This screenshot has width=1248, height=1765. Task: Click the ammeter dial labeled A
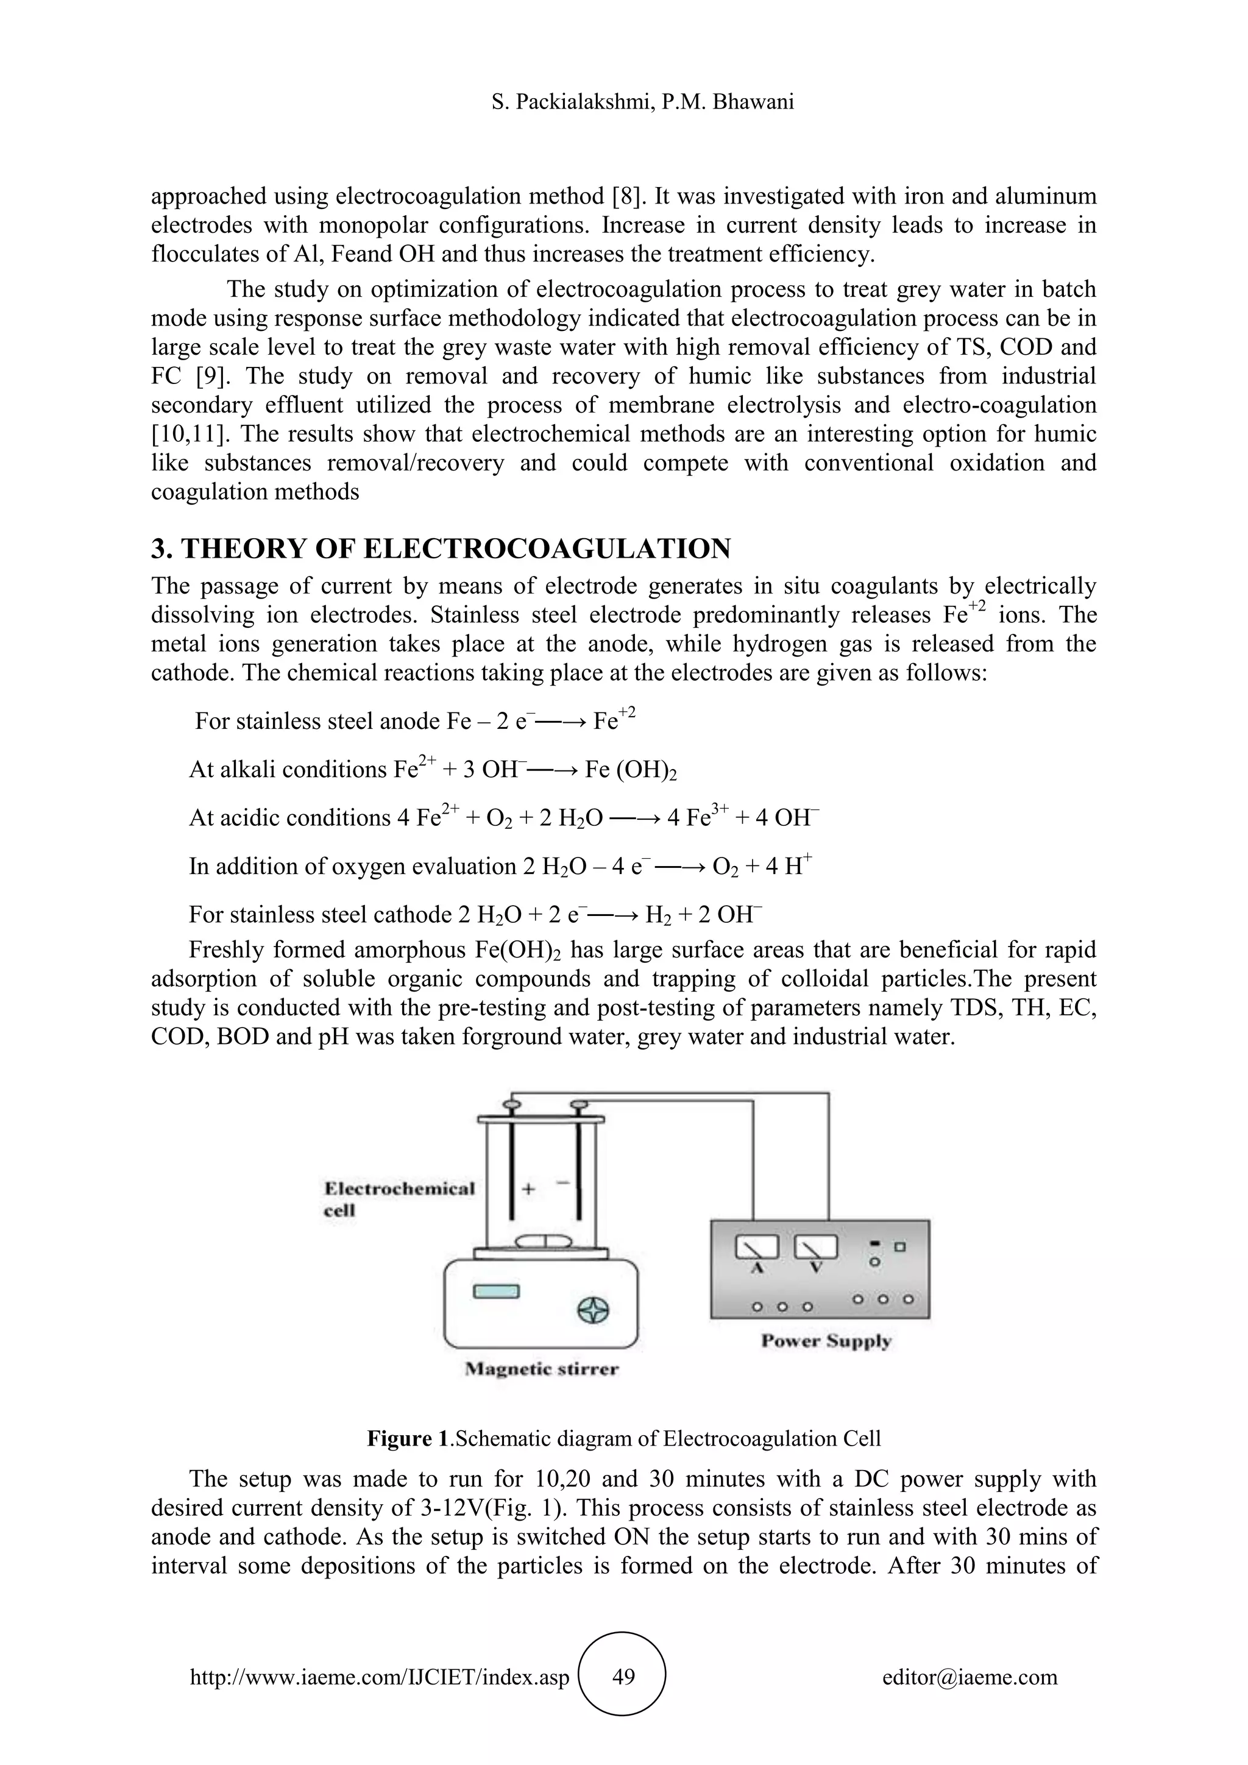tap(757, 1247)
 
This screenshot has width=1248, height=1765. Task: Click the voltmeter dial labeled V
tap(815, 1247)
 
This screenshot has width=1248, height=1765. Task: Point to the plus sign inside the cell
tap(529, 1189)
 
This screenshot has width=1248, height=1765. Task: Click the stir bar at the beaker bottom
tap(544, 1242)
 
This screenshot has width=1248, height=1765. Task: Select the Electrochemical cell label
tap(399, 1198)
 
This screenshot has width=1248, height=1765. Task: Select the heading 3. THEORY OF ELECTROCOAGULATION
tap(441, 549)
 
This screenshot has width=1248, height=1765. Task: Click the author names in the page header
tap(642, 101)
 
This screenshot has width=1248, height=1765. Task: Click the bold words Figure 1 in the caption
tap(407, 1438)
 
